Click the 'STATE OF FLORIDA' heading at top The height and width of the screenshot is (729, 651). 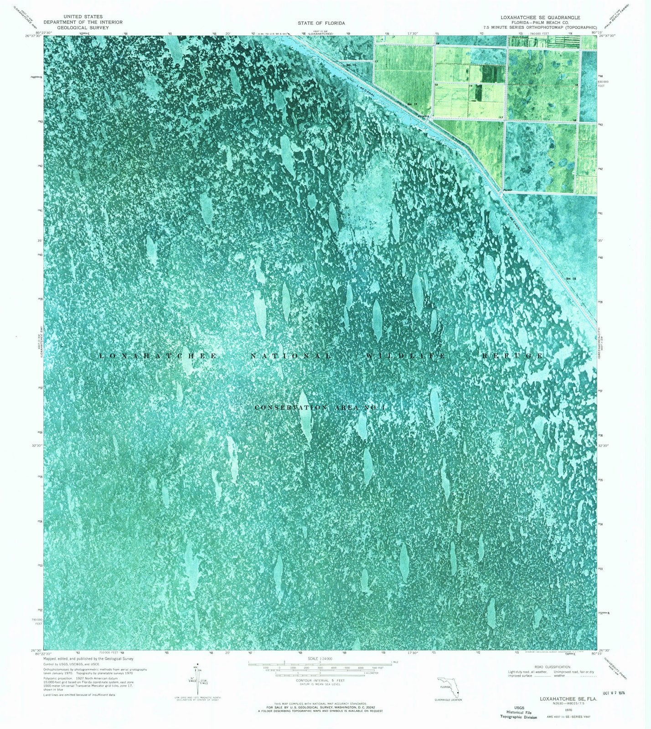point(321,23)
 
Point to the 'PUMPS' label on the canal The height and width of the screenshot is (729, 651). point(424,117)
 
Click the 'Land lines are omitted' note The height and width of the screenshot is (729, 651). point(79,695)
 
